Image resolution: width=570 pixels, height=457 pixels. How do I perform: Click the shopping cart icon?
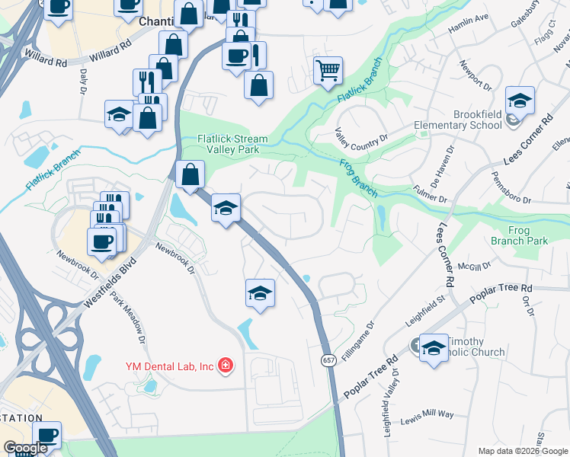[328, 71]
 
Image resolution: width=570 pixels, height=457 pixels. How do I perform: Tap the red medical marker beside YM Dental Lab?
[225, 366]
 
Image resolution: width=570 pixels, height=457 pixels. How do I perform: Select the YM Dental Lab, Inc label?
[169, 366]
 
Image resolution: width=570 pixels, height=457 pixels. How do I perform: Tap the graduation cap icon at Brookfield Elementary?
[520, 101]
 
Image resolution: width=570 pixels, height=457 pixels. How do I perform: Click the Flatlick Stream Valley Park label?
[232, 145]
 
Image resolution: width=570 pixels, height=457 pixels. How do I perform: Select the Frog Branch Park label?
[527, 235]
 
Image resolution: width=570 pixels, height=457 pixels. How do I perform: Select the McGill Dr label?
[472, 267]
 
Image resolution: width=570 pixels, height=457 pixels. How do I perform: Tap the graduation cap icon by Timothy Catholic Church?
[433, 348]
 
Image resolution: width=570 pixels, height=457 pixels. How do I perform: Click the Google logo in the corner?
[25, 448]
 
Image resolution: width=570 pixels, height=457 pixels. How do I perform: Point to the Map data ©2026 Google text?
[523, 451]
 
